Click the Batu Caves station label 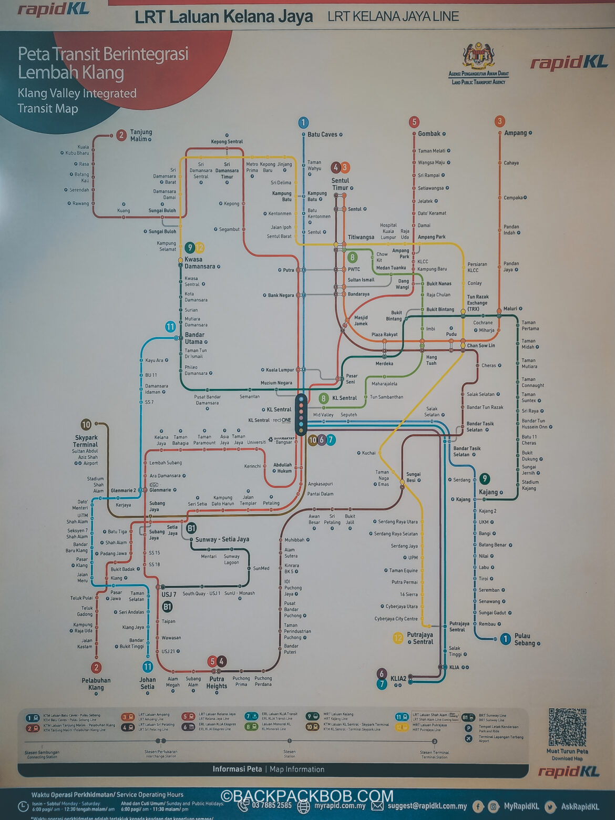(x=322, y=135)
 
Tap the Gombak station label (x=429, y=134)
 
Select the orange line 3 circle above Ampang (x=499, y=121)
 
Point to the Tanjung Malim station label (x=140, y=136)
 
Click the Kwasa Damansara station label (x=200, y=263)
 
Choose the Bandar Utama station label (x=194, y=338)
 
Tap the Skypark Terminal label (x=86, y=441)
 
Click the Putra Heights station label (x=217, y=682)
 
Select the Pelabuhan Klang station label (x=96, y=684)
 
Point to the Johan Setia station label (x=148, y=683)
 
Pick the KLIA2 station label (x=398, y=679)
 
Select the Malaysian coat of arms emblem (x=478, y=56)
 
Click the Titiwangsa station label (x=361, y=238)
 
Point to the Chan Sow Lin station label (x=480, y=345)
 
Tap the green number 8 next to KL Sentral (x=324, y=398)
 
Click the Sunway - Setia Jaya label (x=222, y=539)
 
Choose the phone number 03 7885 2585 (x=271, y=805)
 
